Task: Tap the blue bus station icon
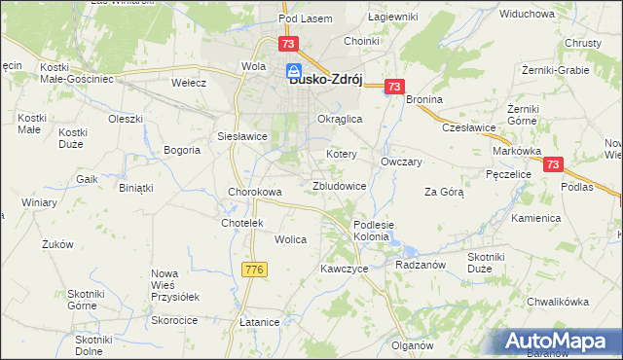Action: (292, 71)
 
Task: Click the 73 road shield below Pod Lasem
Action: (287, 45)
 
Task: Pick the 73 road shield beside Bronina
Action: (393, 88)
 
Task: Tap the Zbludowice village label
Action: (339, 185)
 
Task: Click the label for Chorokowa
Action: (255, 192)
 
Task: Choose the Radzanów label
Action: (421, 265)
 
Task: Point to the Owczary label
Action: (401, 162)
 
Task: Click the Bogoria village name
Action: (182, 150)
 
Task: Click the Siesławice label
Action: (242, 136)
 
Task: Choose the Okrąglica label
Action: (341, 119)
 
